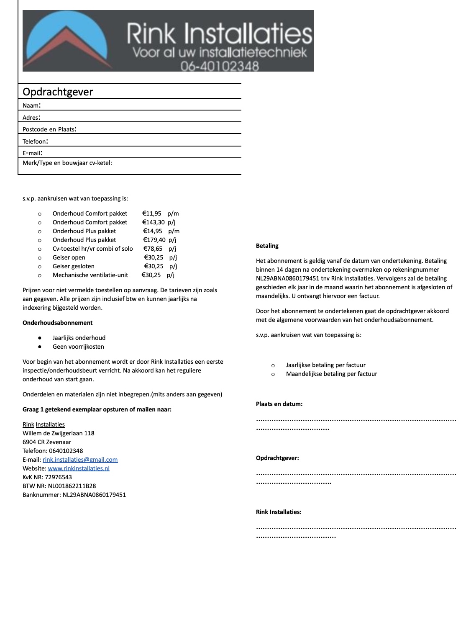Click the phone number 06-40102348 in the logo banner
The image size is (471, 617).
[220, 66]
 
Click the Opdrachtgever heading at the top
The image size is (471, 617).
[58, 92]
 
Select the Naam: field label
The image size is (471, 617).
[31, 105]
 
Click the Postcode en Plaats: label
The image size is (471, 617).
[49, 129]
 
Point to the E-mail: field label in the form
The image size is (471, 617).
[32, 153]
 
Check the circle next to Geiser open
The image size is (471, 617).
[40, 258]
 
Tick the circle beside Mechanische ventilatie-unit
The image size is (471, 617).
[40, 275]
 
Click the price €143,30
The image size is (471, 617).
[154, 222]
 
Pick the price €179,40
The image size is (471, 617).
[154, 240]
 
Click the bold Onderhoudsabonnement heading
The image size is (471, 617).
[58, 323]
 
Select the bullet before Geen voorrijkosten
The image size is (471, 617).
[40, 347]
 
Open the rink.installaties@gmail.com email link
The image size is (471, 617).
[80, 460]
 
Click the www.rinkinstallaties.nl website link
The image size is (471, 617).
[79, 468]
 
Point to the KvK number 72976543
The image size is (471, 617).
[58, 477]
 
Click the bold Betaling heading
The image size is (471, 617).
[267, 246]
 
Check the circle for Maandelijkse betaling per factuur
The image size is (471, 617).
[273, 374]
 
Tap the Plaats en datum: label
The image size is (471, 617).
[279, 404]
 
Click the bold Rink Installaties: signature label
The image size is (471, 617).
[279, 512]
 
